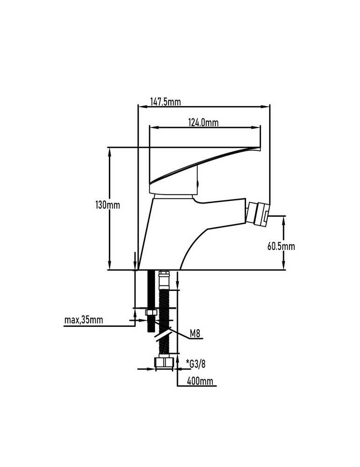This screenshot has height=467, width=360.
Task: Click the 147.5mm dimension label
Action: point(165,102)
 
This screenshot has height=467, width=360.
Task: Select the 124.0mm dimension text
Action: point(204,122)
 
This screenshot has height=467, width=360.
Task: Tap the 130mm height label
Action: point(107,205)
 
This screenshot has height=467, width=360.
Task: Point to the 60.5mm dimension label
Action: point(281,246)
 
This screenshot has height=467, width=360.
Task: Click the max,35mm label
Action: point(84,320)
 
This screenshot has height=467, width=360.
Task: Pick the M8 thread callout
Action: point(195,334)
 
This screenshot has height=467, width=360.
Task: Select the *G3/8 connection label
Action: point(196,364)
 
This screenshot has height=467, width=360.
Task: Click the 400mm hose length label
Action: point(200,381)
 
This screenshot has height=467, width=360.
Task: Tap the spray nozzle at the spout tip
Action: point(258,213)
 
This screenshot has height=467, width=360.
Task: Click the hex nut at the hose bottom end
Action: point(164,363)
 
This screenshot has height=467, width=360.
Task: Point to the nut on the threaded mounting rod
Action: point(151,312)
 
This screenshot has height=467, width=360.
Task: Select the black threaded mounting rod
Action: point(151,301)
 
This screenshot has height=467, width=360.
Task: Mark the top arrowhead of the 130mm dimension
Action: point(110,152)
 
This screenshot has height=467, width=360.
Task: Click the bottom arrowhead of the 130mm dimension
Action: point(110,265)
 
